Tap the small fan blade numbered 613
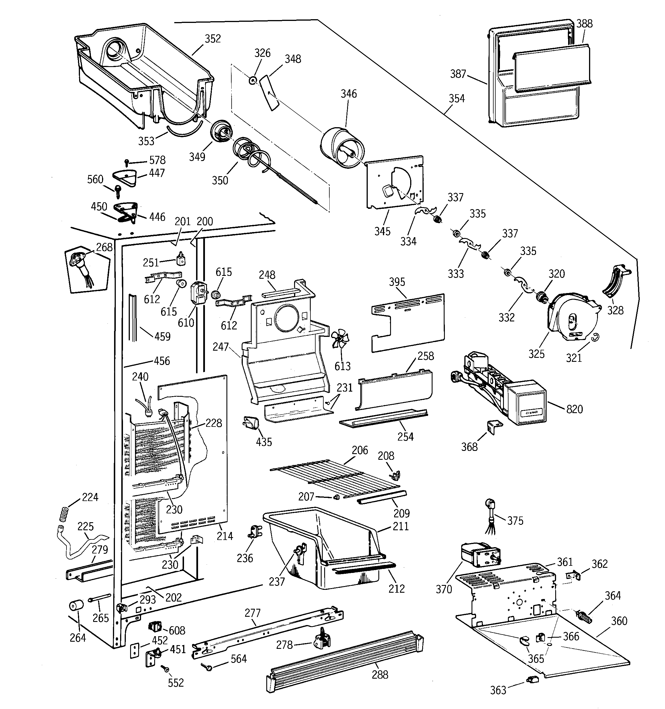coord(340,338)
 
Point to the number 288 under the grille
coord(380,674)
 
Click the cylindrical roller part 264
coord(76,605)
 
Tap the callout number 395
coord(397,282)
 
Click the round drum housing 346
coord(342,148)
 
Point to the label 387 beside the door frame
coord(458,74)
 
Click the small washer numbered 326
coord(252,80)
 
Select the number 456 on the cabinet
coord(162,361)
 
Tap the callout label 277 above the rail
coord(253,613)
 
